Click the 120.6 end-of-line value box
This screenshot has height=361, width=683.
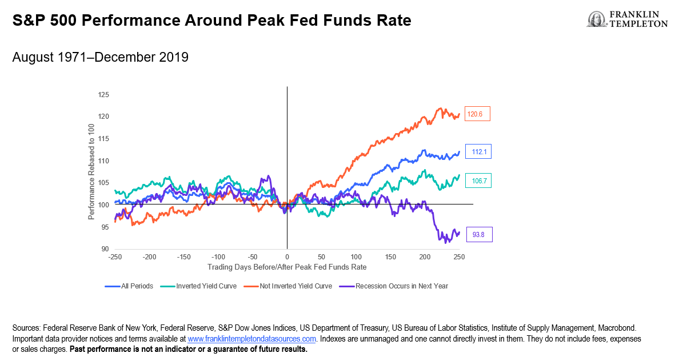[477, 114]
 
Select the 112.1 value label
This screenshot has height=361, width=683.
[478, 152]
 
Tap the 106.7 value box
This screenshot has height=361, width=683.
[478, 181]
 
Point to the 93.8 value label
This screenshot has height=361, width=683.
[478, 234]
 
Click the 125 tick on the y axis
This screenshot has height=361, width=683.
[103, 95]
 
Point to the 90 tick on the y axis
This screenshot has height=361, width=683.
[105, 249]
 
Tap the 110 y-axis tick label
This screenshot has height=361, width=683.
[103, 161]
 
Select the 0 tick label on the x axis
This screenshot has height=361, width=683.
[287, 258]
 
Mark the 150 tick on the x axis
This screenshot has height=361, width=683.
[390, 258]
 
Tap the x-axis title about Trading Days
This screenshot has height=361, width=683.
[286, 267]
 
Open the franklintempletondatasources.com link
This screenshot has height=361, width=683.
[252, 339]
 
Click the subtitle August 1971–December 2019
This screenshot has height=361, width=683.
[100, 58]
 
